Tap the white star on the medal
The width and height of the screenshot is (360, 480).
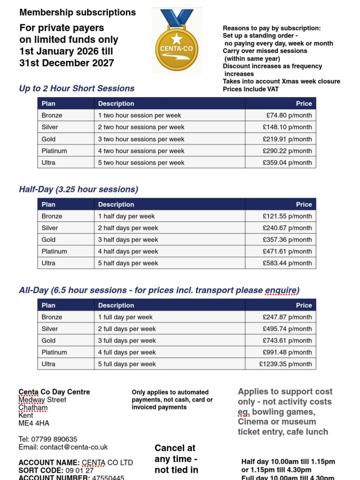point(177,39)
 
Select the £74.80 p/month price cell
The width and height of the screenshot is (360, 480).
point(289,115)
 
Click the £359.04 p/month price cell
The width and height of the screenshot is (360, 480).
point(287,163)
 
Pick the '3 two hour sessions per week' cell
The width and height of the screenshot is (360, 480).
point(141,139)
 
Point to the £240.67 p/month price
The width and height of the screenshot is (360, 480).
point(287,228)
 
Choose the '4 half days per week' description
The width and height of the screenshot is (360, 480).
point(128,251)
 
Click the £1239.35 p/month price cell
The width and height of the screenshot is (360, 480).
point(285,364)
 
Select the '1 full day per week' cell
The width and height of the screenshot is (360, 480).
point(125,317)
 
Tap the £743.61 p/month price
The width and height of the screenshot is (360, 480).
point(287,341)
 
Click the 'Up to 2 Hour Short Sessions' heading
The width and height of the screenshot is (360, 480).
point(77,88)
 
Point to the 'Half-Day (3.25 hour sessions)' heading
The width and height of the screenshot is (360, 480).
point(78,189)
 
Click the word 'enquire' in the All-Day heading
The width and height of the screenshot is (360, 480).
point(280,290)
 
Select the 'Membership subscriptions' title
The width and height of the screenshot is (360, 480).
point(78,12)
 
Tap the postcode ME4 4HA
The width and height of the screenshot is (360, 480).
point(34,423)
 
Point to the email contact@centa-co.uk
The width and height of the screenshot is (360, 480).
point(74,447)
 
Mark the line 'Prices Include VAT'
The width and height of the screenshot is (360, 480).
point(251,89)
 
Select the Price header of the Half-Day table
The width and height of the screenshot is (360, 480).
point(304,204)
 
